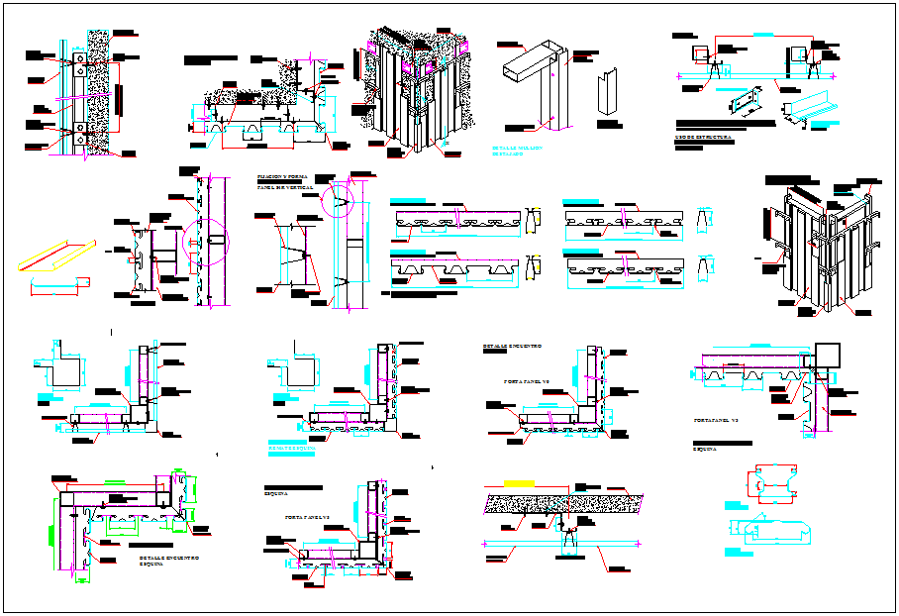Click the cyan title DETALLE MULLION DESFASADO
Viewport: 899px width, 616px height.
(x=517, y=151)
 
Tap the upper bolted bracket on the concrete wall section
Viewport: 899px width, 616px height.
(x=78, y=61)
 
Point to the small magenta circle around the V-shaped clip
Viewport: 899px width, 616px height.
(x=341, y=205)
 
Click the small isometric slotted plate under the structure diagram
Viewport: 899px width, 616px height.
(x=745, y=102)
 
